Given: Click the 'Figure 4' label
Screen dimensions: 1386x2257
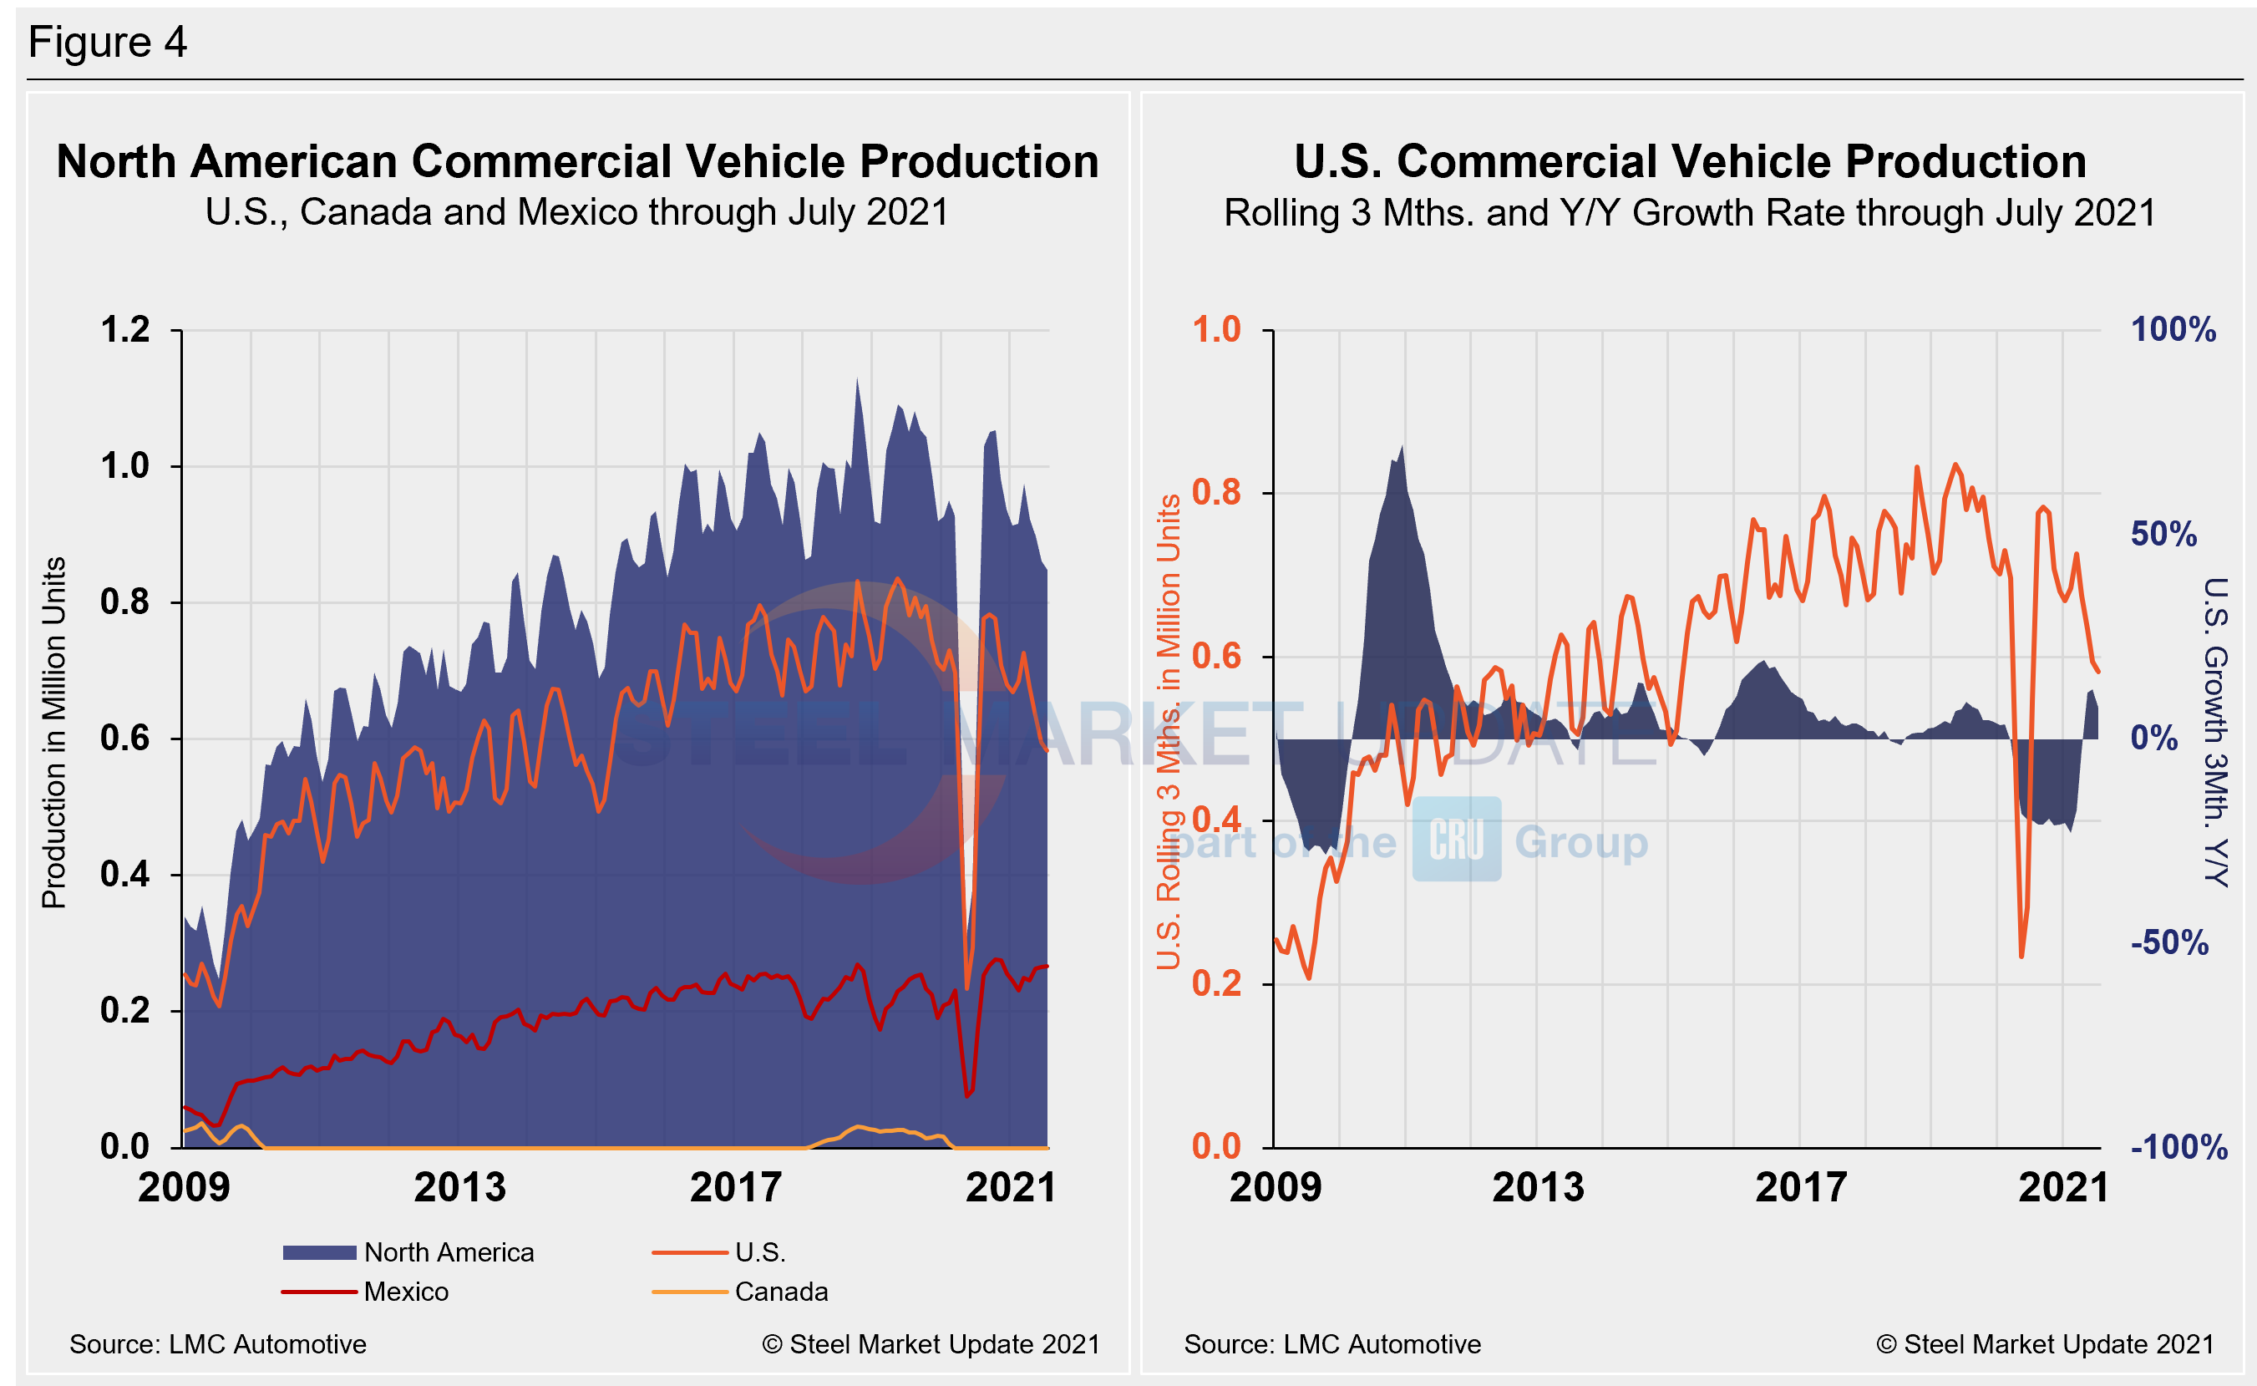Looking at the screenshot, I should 107,42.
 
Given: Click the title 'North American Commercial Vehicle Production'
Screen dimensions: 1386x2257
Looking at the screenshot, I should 577,162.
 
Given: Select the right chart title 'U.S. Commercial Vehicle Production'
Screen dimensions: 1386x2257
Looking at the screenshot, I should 1690,162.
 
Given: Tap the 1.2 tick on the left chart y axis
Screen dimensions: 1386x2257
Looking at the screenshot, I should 125,330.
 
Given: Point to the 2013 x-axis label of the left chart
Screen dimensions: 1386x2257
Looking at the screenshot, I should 459,1188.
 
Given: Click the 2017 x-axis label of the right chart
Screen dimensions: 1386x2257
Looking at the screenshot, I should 1801,1188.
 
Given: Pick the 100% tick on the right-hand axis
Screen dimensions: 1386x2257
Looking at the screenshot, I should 2173,330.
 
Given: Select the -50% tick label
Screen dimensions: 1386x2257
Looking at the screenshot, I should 2169,942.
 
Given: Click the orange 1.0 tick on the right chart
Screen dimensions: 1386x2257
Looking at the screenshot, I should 1216,330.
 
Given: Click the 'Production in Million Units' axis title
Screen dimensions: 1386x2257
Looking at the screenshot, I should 54,733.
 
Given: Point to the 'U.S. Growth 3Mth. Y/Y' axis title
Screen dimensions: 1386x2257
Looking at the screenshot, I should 2215,733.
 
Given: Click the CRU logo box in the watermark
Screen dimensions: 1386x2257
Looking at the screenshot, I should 1456,839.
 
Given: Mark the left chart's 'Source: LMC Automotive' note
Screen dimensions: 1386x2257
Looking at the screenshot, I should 218,1344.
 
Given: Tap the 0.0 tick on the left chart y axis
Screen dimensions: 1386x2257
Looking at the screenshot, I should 125,1147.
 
